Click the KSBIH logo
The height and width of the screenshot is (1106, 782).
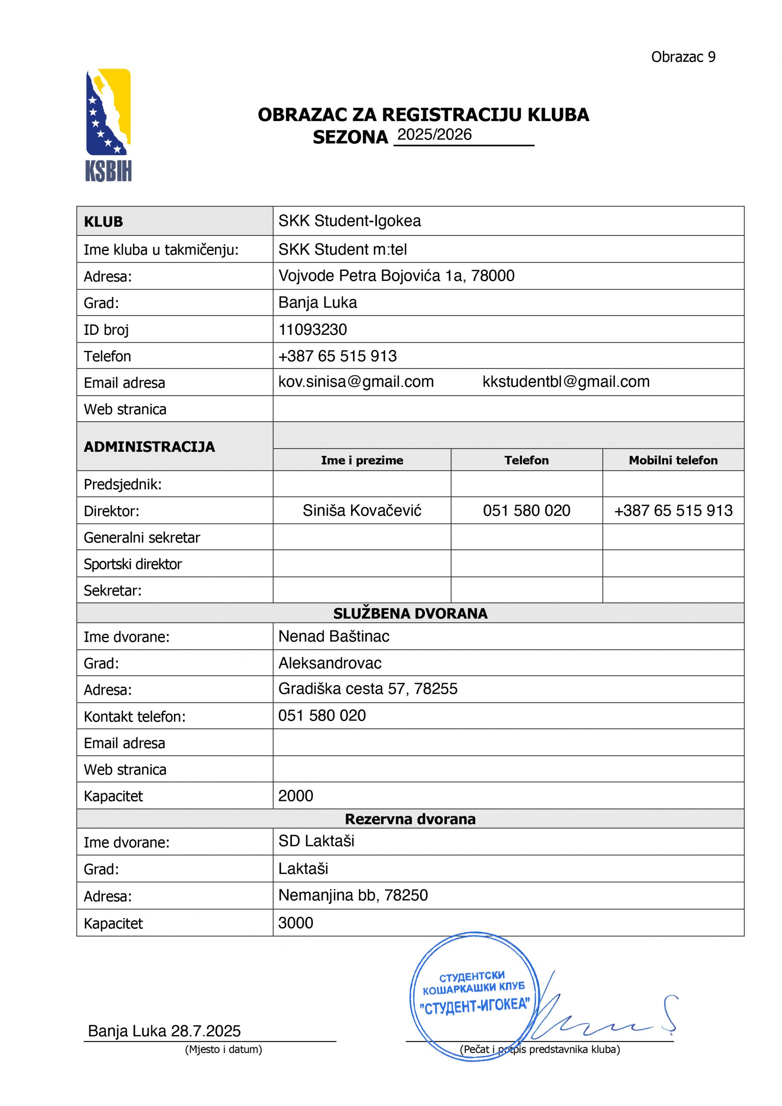click(108, 125)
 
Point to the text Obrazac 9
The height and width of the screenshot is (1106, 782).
click(683, 57)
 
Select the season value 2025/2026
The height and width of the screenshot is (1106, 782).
click(434, 134)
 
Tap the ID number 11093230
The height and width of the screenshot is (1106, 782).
click(313, 330)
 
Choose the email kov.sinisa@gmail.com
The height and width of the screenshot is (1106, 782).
click(356, 381)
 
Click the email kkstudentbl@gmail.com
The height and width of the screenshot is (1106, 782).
click(566, 381)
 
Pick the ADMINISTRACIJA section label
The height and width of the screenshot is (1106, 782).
click(149, 447)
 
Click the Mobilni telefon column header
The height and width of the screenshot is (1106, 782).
click(673, 460)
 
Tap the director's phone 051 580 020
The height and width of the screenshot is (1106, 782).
click(526, 510)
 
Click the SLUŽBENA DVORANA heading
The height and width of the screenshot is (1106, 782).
click(410, 613)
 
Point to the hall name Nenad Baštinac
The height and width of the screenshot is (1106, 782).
click(334, 636)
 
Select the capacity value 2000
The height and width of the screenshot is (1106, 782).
click(296, 796)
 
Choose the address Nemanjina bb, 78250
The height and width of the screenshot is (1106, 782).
click(353, 895)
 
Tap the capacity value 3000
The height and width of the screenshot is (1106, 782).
click(296, 922)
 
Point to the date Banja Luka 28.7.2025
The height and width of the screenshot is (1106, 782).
click(164, 1031)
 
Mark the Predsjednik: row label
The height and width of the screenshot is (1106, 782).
click(123, 484)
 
